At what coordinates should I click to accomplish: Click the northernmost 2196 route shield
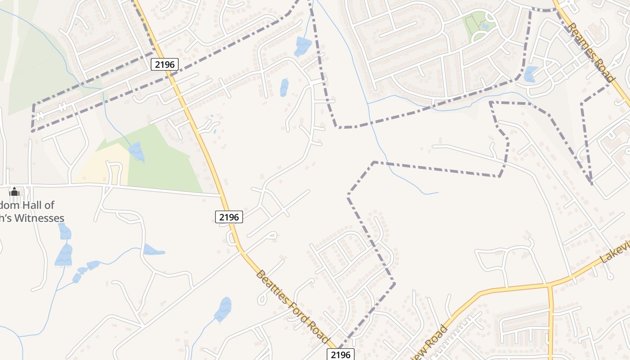pyautogui.click(x=165, y=64)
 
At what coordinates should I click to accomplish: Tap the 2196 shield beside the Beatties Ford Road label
pyautogui.click(x=340, y=355)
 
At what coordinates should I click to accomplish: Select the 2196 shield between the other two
pyautogui.click(x=229, y=217)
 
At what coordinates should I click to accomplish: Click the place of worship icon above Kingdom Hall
pyautogui.click(x=14, y=192)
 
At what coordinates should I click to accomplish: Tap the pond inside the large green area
pyautogui.click(x=137, y=152)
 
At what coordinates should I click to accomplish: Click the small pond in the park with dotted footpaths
pyautogui.click(x=485, y=27)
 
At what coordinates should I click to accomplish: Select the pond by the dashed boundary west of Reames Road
pyautogui.click(x=531, y=74)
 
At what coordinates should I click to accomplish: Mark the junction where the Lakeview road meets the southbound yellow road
pyautogui.click(x=549, y=285)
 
